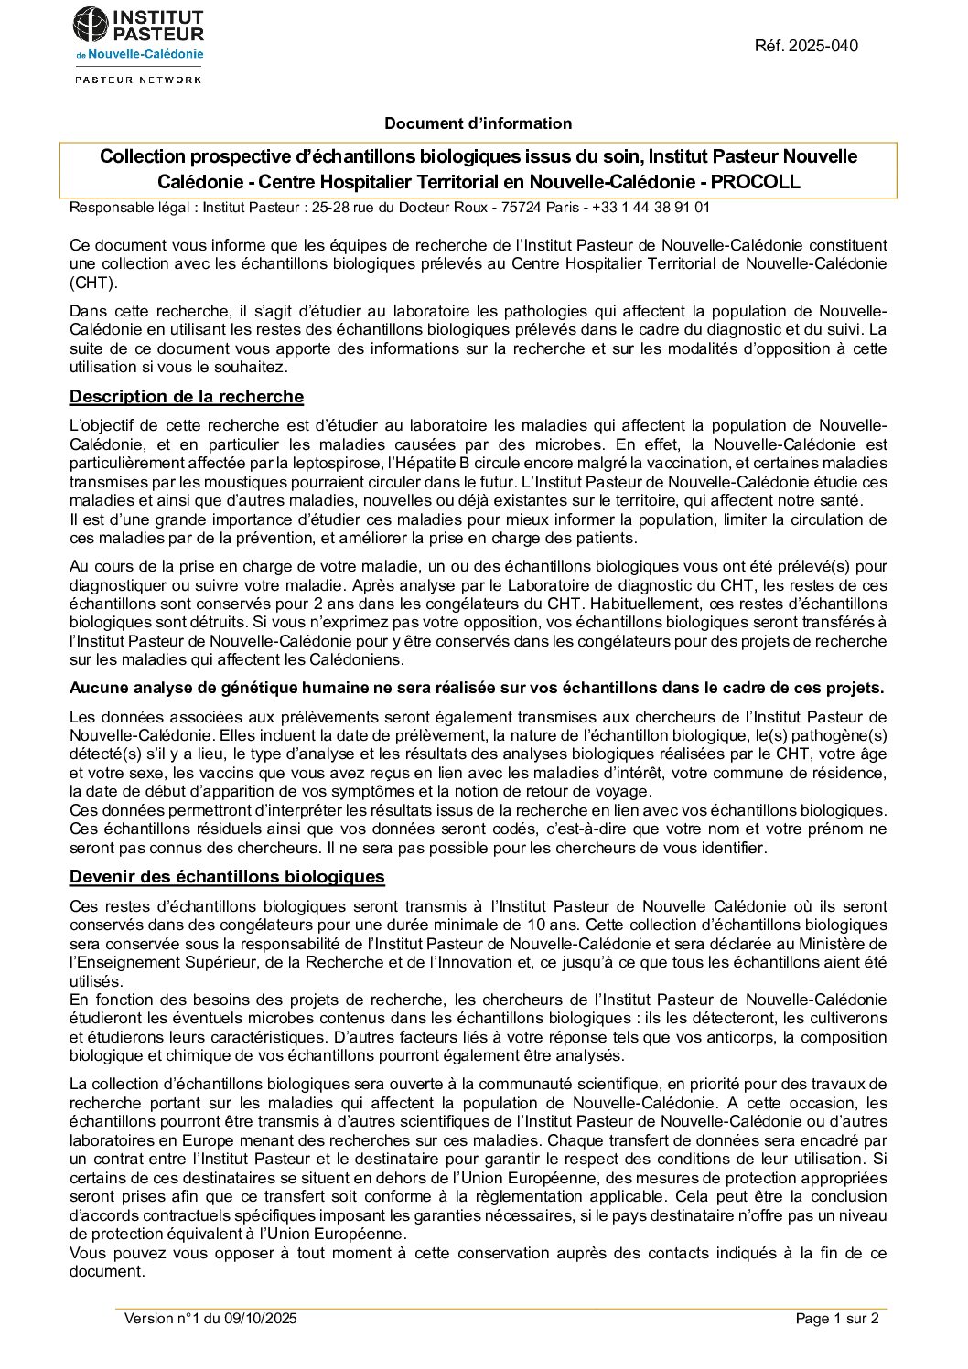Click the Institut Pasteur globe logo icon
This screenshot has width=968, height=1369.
pos(90,25)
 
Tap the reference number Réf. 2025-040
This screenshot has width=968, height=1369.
pos(806,46)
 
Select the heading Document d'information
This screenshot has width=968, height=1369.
pos(478,123)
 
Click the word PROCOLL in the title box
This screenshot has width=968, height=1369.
pos(755,182)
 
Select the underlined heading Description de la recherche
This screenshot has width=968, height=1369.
pos(187,397)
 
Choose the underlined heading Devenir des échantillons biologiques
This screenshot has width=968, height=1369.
pos(227,877)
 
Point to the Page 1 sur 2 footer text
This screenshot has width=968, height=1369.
pos(836,1318)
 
